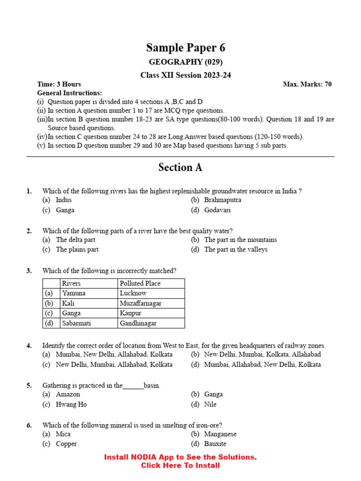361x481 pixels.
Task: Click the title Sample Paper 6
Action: [x=186, y=47]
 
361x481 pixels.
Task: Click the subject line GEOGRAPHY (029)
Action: [x=186, y=62]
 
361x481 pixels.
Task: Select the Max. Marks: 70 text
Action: [x=307, y=84]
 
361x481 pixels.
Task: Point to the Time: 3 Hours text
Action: [x=59, y=84]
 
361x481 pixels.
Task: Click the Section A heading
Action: [x=180, y=168]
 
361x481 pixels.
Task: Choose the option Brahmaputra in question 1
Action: [x=222, y=200]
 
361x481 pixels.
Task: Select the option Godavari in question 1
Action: [x=217, y=210]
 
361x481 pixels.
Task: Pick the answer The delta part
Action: [x=75, y=240]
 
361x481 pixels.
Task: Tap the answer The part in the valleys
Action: [x=235, y=249]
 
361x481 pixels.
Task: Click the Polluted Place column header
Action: [x=140, y=283]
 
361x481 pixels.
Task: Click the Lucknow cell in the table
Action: [x=133, y=293]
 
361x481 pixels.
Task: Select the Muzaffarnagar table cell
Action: [x=141, y=303]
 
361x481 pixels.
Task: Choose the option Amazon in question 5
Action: [x=68, y=395]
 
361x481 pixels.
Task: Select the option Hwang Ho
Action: [x=71, y=404]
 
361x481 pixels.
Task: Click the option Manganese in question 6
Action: [x=220, y=434]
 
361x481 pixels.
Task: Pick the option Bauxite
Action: [x=215, y=444]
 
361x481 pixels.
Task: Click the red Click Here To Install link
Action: [x=180, y=465]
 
